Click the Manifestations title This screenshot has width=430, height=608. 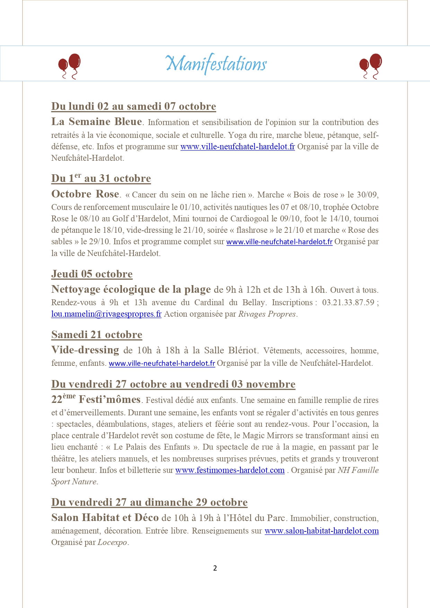click(x=216, y=64)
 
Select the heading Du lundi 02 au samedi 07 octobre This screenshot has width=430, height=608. click(x=133, y=106)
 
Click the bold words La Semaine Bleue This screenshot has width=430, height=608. click(x=97, y=122)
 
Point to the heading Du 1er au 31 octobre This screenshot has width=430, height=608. click(x=101, y=178)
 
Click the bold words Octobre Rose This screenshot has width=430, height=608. click(x=85, y=194)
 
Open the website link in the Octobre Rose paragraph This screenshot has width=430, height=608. click(x=279, y=242)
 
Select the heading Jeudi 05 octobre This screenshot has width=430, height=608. click(x=92, y=274)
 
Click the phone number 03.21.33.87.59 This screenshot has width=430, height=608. click(x=348, y=302)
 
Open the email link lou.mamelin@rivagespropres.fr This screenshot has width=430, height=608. click(x=106, y=314)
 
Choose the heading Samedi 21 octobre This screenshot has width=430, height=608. click(x=97, y=335)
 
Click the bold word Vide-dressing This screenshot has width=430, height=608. click(x=85, y=350)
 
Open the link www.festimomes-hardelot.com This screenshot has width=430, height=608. click(x=230, y=470)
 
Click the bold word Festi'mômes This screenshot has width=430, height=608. click(x=109, y=400)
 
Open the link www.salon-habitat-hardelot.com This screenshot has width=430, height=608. click(x=322, y=531)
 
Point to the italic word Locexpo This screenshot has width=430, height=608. click(x=112, y=543)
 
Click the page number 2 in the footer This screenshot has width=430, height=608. click(x=215, y=568)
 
